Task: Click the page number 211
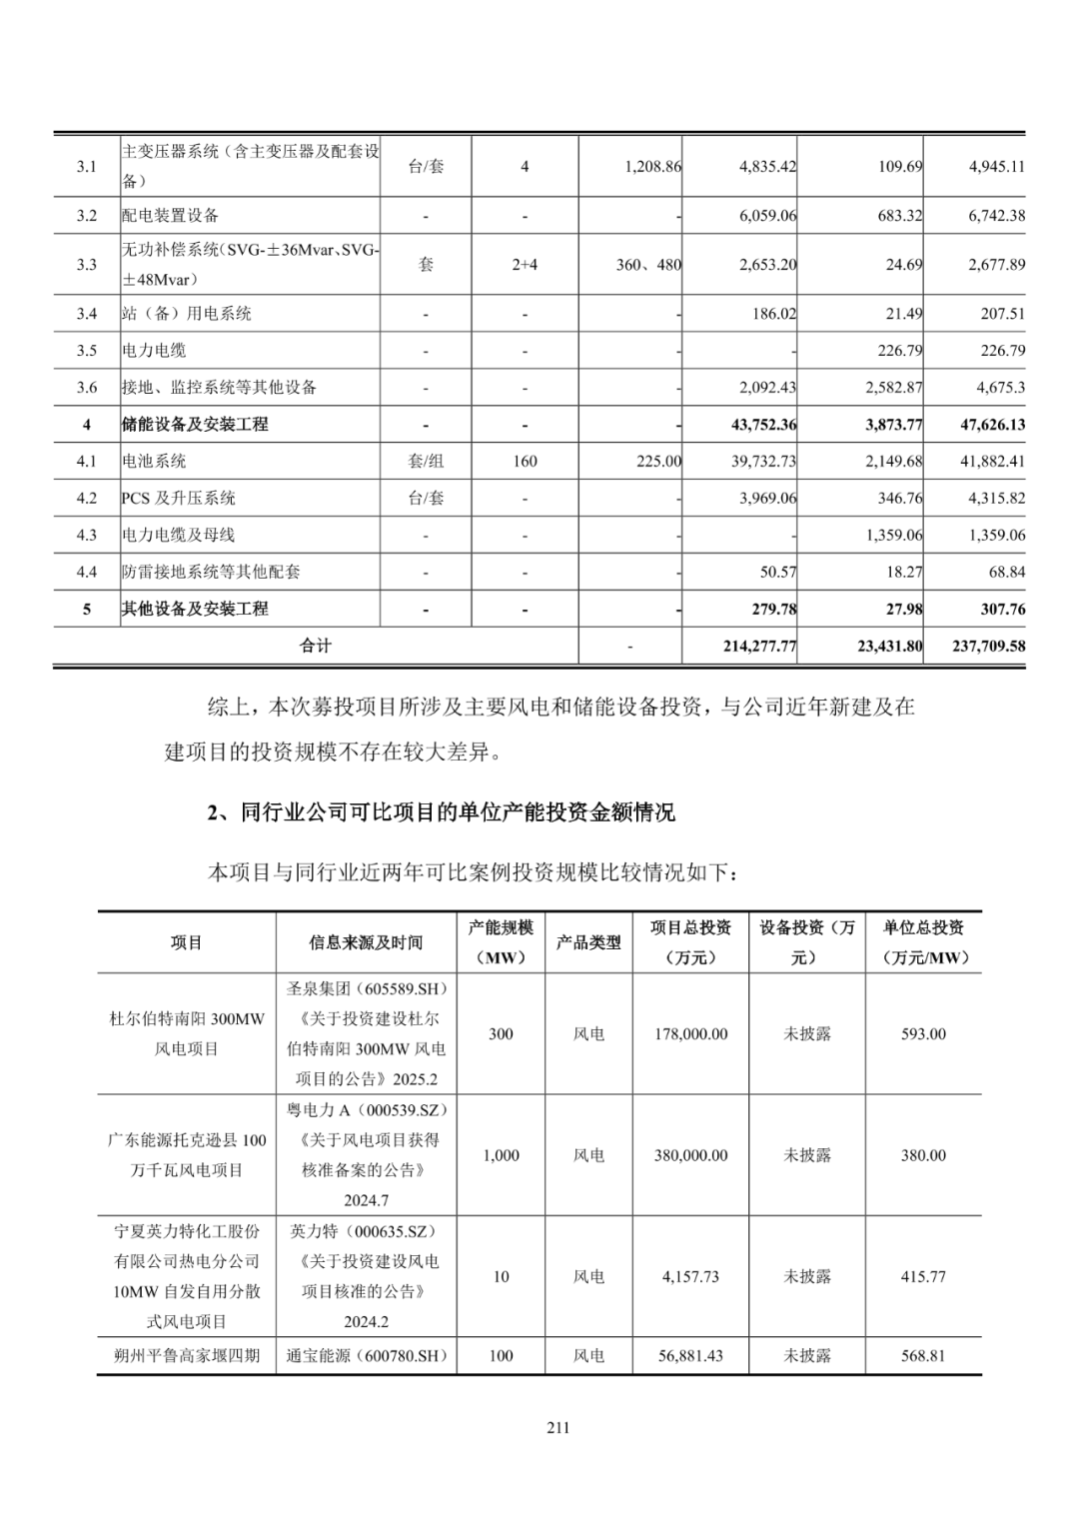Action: click(557, 1428)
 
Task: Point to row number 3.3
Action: click(87, 265)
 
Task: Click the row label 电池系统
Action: click(155, 462)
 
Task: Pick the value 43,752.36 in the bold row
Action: click(764, 425)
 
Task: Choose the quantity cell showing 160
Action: click(525, 462)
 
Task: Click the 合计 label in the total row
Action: click(316, 647)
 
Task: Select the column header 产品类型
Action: click(588, 942)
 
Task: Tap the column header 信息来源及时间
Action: click(366, 942)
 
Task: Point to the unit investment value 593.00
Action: click(923, 1034)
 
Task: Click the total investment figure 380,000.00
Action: click(690, 1155)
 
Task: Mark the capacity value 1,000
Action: click(501, 1155)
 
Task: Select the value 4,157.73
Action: click(690, 1277)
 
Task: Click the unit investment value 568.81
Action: click(923, 1357)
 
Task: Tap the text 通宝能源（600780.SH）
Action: click(366, 1357)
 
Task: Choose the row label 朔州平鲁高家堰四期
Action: click(187, 1357)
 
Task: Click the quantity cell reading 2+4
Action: click(525, 265)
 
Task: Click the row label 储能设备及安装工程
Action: click(195, 425)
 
